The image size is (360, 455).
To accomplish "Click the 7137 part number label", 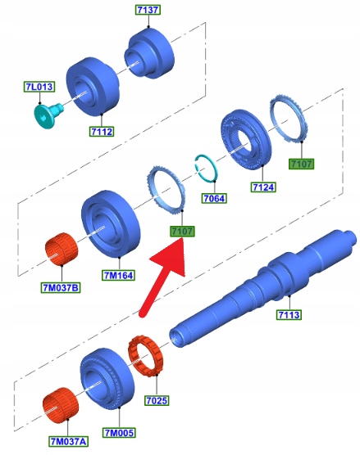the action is (x=148, y=10).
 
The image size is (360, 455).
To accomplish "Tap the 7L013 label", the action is (x=39, y=87).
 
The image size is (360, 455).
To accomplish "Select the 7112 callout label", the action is (x=102, y=132).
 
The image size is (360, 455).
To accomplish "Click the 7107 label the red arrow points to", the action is (x=182, y=232).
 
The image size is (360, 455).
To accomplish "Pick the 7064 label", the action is (x=214, y=199).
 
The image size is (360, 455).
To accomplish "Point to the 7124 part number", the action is (x=263, y=187).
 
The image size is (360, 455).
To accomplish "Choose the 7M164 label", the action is (x=119, y=275).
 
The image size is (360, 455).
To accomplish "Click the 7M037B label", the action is (x=61, y=288).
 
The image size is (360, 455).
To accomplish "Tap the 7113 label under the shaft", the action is (x=289, y=314).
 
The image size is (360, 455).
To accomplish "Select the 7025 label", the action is (x=157, y=400).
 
